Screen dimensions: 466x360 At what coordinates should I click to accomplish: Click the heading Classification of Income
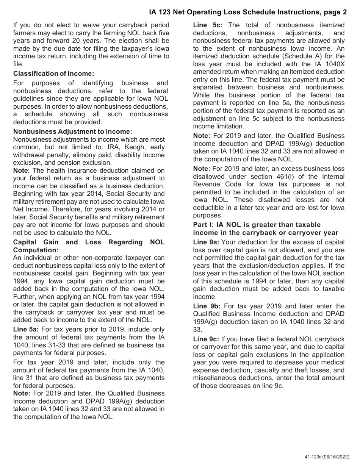[53, 73]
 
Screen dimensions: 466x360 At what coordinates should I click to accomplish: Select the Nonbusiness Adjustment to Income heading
[72, 131]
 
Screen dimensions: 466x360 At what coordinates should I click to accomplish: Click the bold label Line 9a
[206, 242]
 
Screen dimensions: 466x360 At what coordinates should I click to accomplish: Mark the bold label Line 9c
[205, 339]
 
